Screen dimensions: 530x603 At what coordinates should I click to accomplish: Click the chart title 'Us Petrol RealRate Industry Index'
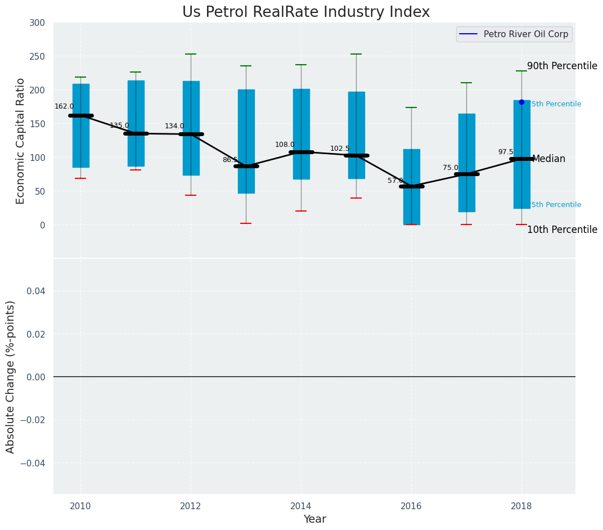tap(305, 12)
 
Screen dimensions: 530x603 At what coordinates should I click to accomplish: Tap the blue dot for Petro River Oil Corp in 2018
tap(521, 102)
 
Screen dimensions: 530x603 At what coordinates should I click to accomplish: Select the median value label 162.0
tap(64, 106)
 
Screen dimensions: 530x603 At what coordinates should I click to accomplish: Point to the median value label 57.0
tap(395, 181)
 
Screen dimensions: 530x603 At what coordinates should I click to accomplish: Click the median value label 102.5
tap(340, 149)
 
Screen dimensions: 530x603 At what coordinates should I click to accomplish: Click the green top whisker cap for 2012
tap(191, 54)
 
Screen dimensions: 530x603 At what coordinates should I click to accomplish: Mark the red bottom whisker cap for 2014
tap(301, 211)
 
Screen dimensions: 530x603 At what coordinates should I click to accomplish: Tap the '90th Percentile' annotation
tap(562, 66)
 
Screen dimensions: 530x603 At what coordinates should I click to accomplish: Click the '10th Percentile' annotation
tap(562, 230)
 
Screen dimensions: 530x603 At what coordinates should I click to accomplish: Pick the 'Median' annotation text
tap(548, 159)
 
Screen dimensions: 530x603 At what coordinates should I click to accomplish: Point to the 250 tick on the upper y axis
tap(37, 56)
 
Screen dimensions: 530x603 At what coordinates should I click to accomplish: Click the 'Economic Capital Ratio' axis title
tap(21, 141)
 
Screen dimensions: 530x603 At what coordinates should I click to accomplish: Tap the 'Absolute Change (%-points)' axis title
tap(11, 376)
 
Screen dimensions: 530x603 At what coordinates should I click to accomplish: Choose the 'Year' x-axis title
tap(314, 519)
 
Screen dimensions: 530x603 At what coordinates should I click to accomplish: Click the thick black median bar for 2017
tap(466, 174)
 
